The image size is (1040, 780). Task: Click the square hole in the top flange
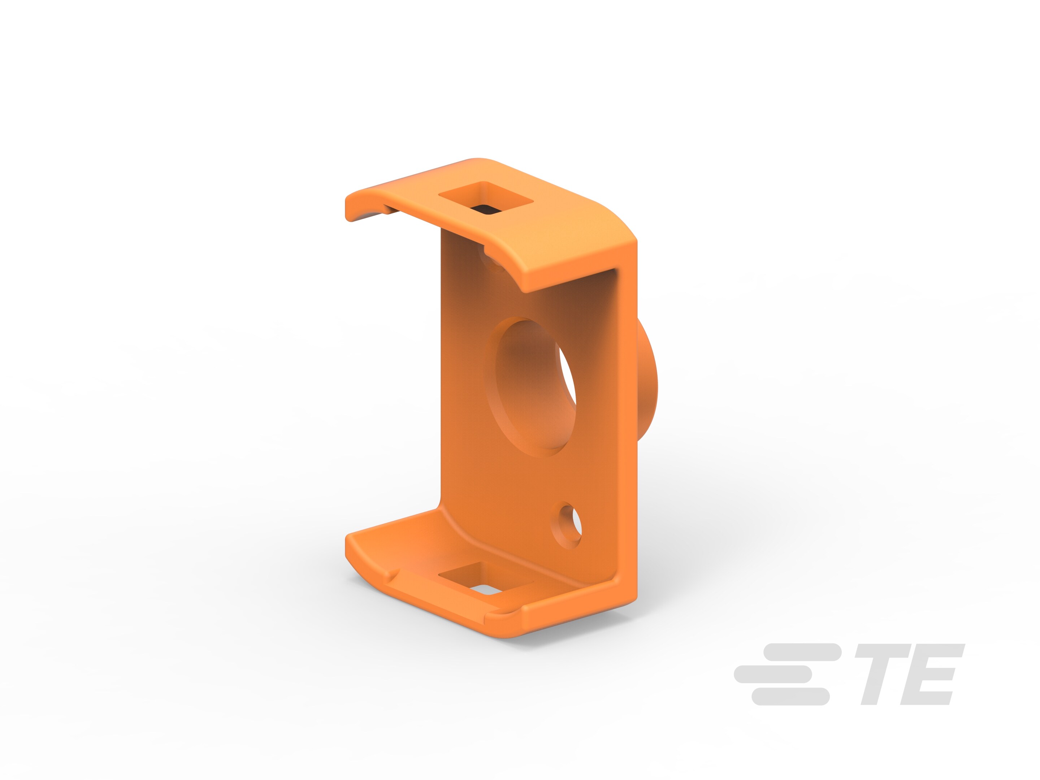(x=486, y=199)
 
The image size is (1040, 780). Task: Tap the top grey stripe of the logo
(x=802, y=652)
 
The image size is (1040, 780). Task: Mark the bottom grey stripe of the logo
(x=791, y=696)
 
